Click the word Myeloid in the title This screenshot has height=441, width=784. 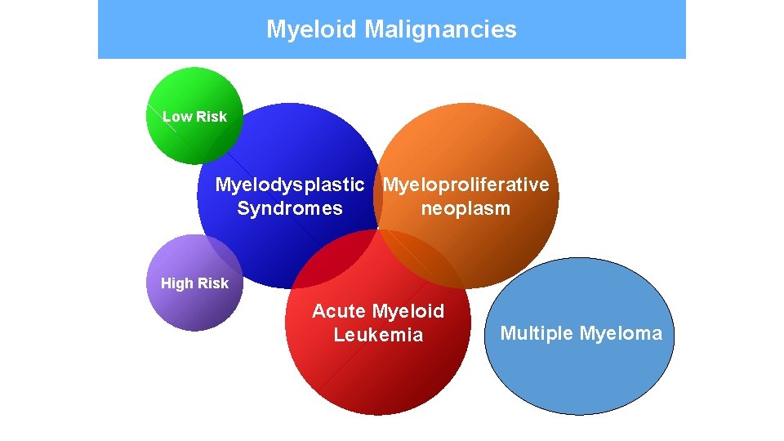(312, 30)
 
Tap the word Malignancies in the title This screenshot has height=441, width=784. (440, 30)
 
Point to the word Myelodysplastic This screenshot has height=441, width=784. (289, 185)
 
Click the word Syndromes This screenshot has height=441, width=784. (289, 208)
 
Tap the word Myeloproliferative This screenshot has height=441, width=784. (465, 185)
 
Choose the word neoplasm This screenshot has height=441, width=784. (465, 208)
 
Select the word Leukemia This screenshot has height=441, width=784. (378, 335)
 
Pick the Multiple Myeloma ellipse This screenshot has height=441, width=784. (580, 376)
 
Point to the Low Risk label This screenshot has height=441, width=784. (194, 117)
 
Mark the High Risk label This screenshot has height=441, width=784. (194, 283)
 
